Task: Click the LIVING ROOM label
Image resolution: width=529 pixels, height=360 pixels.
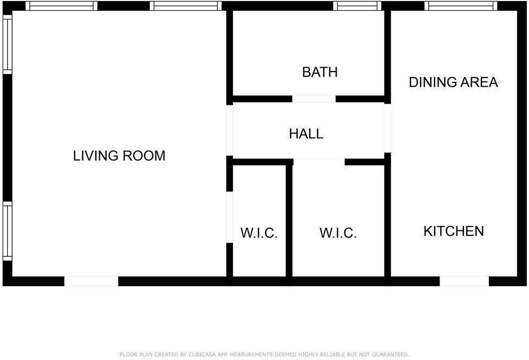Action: pyautogui.click(x=119, y=156)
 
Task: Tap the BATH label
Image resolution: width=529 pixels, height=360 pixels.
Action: pyautogui.click(x=320, y=72)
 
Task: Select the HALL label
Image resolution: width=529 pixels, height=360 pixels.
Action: pyautogui.click(x=306, y=134)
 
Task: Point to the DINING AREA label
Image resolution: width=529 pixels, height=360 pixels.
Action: pyautogui.click(x=453, y=82)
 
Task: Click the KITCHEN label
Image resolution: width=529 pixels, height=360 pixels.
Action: pyautogui.click(x=454, y=232)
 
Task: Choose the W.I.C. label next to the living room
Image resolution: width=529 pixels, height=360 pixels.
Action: pyautogui.click(x=259, y=234)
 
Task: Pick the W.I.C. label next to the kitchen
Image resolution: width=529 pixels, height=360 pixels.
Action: pyautogui.click(x=338, y=234)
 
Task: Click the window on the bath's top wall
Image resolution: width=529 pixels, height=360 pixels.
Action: pyautogui.click(x=357, y=6)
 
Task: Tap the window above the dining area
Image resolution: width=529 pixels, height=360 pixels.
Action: pyautogui.click(x=461, y=6)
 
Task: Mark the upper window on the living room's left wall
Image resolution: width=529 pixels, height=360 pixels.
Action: pyautogui.click(x=7, y=44)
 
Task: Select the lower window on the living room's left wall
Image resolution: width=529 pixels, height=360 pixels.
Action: pyautogui.click(x=7, y=231)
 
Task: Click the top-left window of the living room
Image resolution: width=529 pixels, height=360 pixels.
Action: pyautogui.click(x=61, y=6)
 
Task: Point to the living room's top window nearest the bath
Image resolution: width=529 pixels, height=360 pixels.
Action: pyautogui.click(x=185, y=6)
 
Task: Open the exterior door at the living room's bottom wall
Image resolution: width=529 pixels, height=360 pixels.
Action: pyautogui.click(x=91, y=281)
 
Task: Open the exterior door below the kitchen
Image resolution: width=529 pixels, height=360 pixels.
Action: pyautogui.click(x=464, y=281)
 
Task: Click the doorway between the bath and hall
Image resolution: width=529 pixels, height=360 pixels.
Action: pyautogui.click(x=314, y=99)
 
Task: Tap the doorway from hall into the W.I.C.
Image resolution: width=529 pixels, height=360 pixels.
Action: pyautogui.click(x=319, y=162)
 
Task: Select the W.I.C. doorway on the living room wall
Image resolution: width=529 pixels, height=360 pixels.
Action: pyautogui.click(x=229, y=217)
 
